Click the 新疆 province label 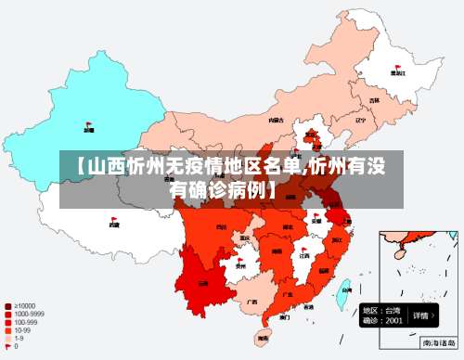coord(88,131)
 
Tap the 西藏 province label coord(113,225)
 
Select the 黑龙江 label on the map coord(397,72)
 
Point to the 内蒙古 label coord(276,120)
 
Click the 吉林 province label coord(375,100)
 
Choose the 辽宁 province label coord(361,120)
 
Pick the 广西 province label coord(251,302)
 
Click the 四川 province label coord(221,226)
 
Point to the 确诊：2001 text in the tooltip coord(382,320)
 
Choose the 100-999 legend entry coord(22,323)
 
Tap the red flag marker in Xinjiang coord(89,122)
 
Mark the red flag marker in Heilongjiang coord(397,64)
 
